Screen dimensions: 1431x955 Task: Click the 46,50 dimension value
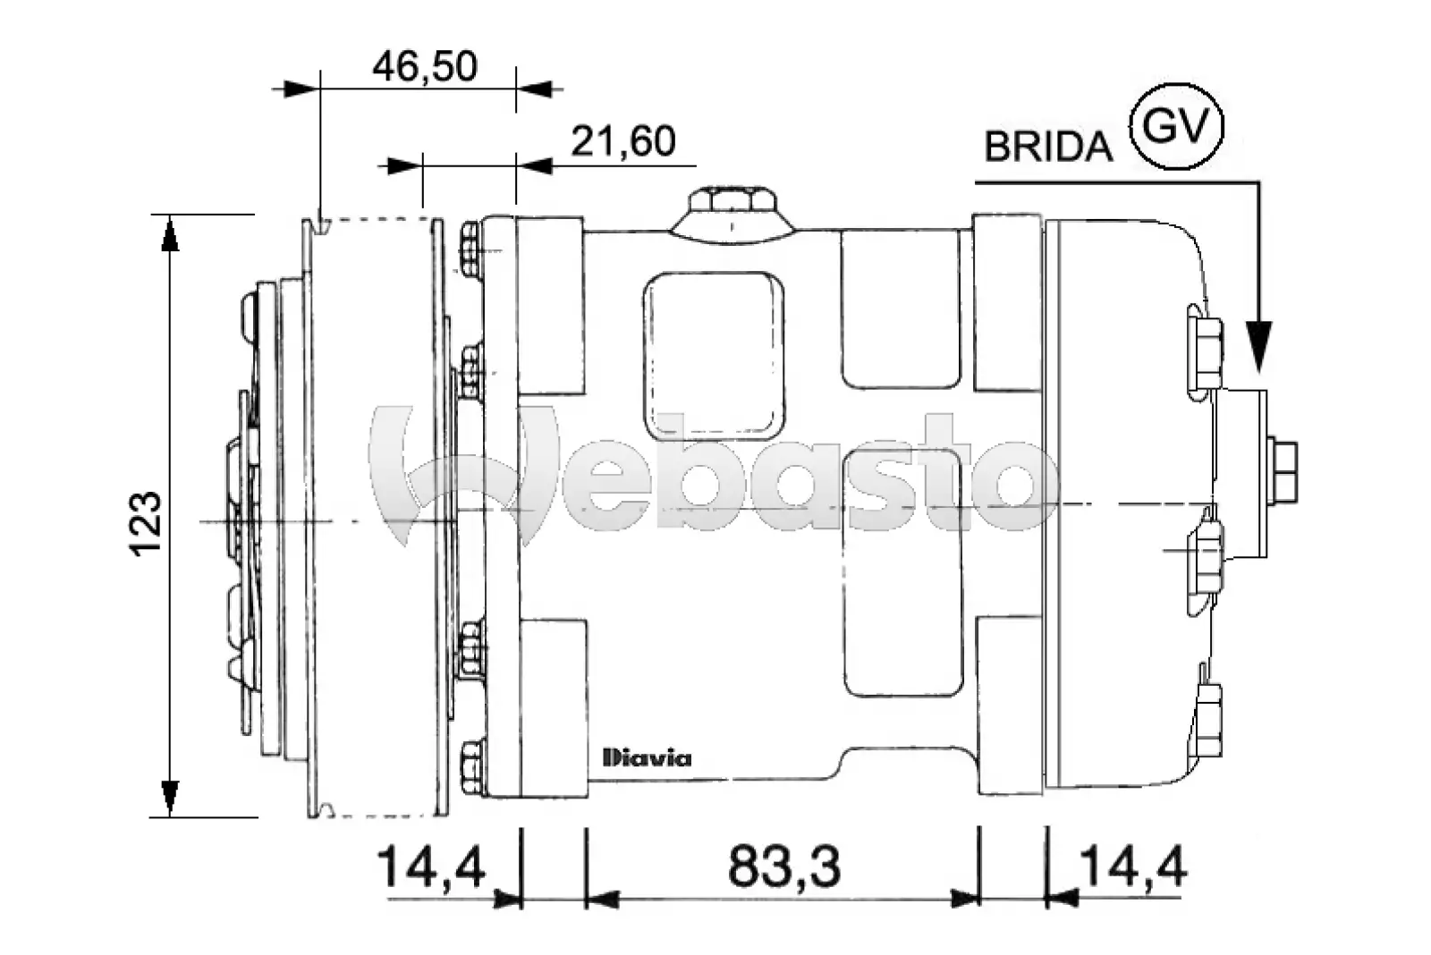[x=425, y=67]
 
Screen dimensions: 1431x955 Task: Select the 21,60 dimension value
[x=622, y=141]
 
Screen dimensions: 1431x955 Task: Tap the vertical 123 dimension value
[x=146, y=523]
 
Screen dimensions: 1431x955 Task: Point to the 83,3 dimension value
[x=783, y=866]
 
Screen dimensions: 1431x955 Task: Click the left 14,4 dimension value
[x=432, y=866]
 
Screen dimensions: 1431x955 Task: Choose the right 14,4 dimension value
[x=1132, y=866]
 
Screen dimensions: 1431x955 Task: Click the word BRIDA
[x=1047, y=147]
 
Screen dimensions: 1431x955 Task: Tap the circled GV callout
[x=1176, y=126]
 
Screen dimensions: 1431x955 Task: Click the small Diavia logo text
[x=648, y=758]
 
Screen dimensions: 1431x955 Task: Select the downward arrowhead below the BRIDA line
[x=1259, y=345]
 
